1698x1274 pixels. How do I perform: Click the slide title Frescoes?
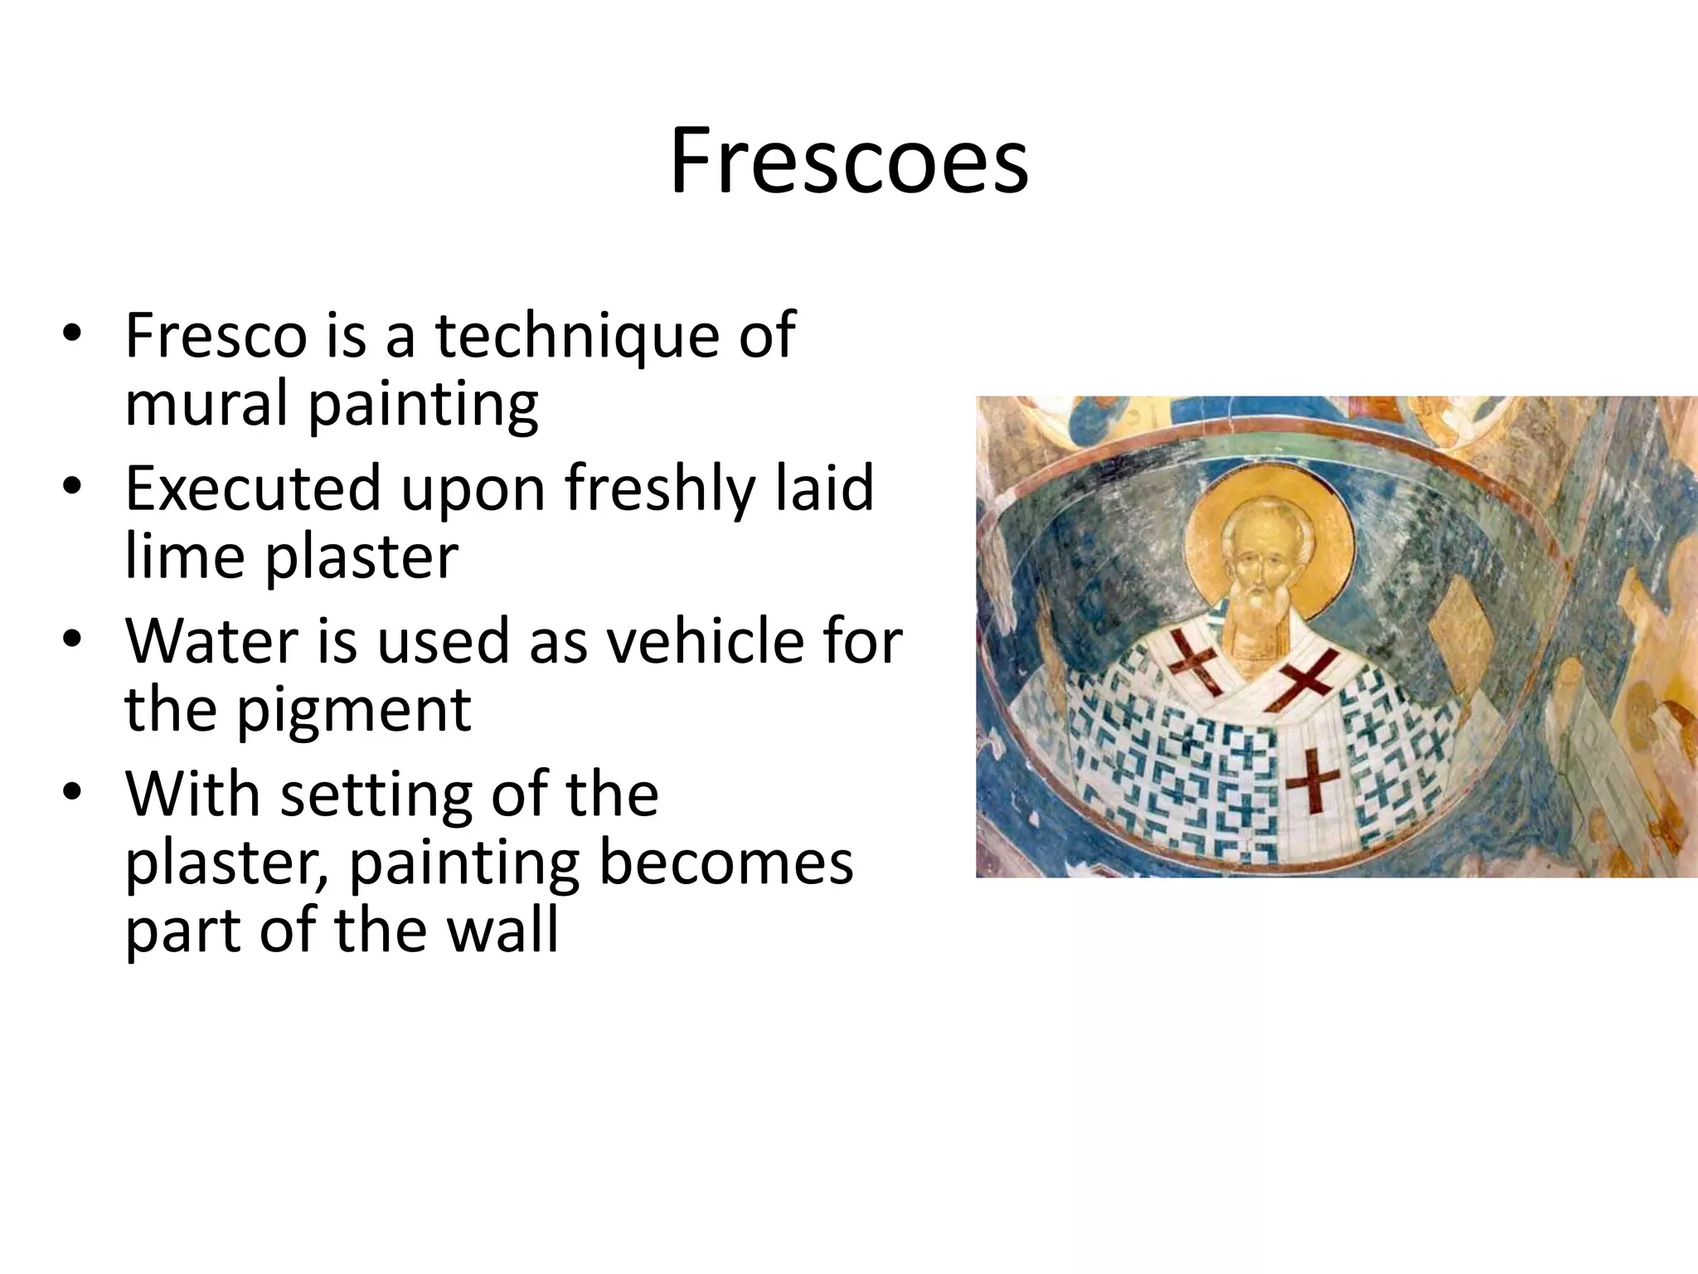coord(849,161)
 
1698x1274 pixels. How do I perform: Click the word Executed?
coord(252,489)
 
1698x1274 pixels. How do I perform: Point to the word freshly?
coord(660,489)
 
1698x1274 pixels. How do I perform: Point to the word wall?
coord(502,931)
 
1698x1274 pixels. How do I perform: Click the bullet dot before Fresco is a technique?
coord(72,335)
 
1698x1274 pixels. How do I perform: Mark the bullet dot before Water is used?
coord(72,641)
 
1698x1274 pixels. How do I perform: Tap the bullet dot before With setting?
coord(72,794)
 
